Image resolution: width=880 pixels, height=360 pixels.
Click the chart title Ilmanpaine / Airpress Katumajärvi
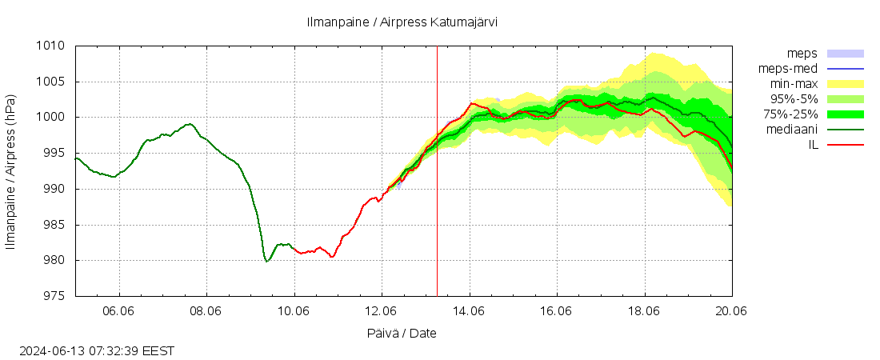[x=402, y=22]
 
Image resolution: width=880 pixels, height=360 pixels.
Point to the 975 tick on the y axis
[x=52, y=296]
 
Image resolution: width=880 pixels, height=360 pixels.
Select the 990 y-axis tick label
[x=52, y=189]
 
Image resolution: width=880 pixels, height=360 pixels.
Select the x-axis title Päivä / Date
[x=402, y=333]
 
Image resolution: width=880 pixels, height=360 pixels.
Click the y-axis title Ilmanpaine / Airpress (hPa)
[x=11, y=171]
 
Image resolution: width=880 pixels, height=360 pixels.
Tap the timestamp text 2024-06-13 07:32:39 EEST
[x=97, y=350]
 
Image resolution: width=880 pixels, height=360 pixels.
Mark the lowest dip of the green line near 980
[x=266, y=261]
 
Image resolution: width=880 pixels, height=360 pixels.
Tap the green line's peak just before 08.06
[x=190, y=124]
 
